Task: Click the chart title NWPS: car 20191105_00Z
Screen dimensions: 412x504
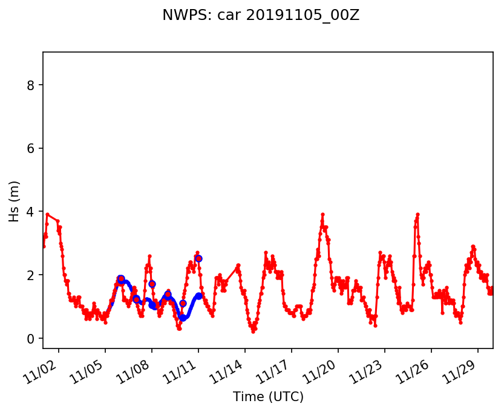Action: click(x=261, y=16)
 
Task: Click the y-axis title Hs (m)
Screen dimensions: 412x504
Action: click(x=15, y=201)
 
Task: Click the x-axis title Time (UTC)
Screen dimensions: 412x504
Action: click(x=268, y=397)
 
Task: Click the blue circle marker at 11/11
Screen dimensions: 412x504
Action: click(x=198, y=258)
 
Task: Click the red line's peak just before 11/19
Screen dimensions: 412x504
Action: click(x=322, y=214)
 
